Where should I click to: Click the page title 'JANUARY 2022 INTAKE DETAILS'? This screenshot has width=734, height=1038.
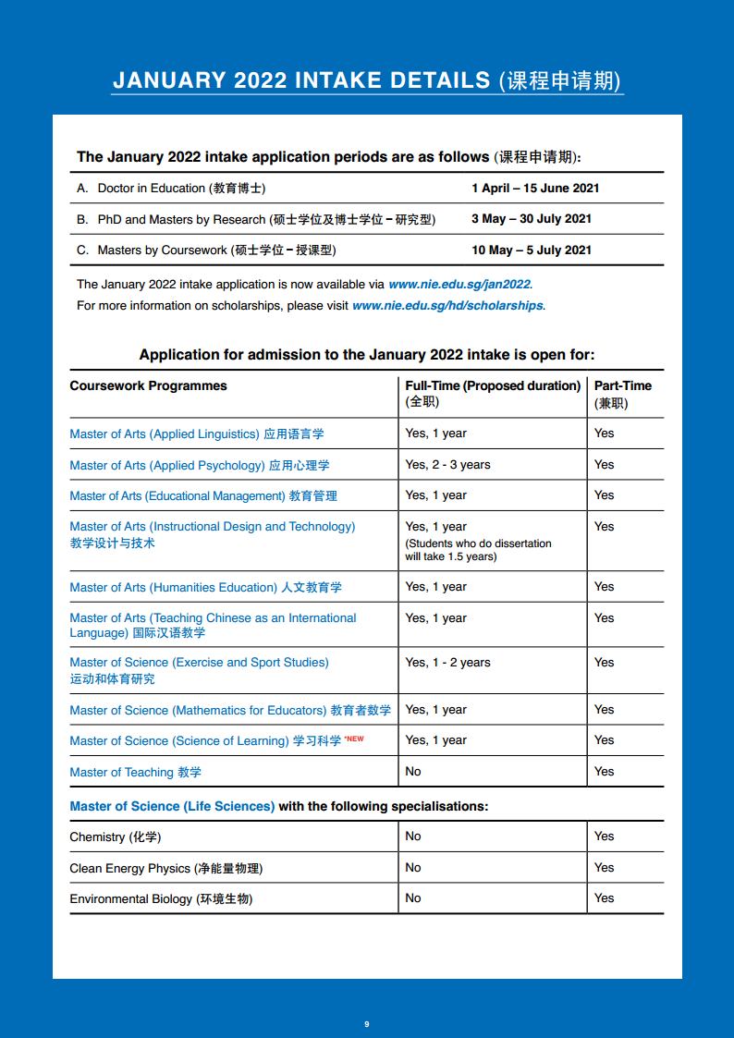coord(301,80)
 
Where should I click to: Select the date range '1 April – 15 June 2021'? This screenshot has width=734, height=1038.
coord(535,188)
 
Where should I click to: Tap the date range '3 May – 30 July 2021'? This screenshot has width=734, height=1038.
coord(531,219)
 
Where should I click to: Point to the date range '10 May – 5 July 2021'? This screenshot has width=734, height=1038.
coord(531,250)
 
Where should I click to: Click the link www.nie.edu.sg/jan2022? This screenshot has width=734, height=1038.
coord(459,285)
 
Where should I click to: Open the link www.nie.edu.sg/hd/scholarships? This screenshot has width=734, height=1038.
coord(447,305)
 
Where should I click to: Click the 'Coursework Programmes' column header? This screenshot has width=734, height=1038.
coord(148,385)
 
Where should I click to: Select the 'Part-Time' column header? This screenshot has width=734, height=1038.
coord(622,385)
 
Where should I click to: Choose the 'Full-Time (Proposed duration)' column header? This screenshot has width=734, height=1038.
coord(493,385)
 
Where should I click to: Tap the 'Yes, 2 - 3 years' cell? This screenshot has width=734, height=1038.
coord(447,464)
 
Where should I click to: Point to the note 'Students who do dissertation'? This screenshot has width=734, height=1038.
coord(478,543)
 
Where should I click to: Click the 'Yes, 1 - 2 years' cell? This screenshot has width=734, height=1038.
coord(447,662)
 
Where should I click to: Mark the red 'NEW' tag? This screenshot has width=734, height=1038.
coord(354,739)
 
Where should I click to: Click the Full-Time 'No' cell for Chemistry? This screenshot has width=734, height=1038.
coord(412,836)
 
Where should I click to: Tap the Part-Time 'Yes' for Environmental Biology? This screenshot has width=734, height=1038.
coord(604,898)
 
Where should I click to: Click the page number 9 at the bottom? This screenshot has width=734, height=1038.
coord(367,1023)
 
